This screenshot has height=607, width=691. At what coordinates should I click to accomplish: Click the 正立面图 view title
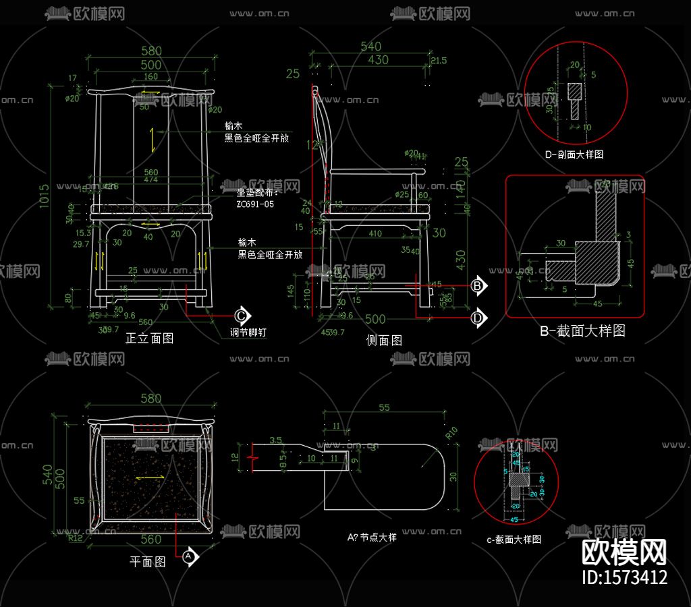coord(149,339)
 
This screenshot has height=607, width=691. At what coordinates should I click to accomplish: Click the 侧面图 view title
coord(384,341)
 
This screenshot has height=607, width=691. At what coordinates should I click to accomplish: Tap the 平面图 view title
coord(147,561)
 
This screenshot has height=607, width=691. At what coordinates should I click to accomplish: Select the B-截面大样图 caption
coord(582,331)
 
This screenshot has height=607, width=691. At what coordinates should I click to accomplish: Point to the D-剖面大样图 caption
coord(574,154)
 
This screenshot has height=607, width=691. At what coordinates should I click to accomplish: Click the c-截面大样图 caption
coord(514,540)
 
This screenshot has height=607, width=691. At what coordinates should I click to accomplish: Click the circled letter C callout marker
coord(242,316)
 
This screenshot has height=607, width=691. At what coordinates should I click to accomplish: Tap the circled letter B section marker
coord(478,286)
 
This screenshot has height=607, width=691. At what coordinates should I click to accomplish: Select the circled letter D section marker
coord(478,317)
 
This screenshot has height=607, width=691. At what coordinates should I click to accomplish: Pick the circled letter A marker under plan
coord(190,556)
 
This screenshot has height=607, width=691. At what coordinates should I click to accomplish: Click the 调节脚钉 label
coord(248,333)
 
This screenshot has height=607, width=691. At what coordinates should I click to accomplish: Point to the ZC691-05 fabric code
coord(255,204)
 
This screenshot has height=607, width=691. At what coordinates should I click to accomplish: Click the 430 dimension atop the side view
coord(378,60)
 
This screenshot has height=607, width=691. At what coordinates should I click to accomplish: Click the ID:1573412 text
coord(625,577)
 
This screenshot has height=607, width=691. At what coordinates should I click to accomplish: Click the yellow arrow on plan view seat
coord(150,478)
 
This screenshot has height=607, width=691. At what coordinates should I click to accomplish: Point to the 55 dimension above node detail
coord(385,407)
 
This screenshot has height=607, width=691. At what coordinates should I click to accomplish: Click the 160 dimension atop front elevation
coord(150,77)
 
